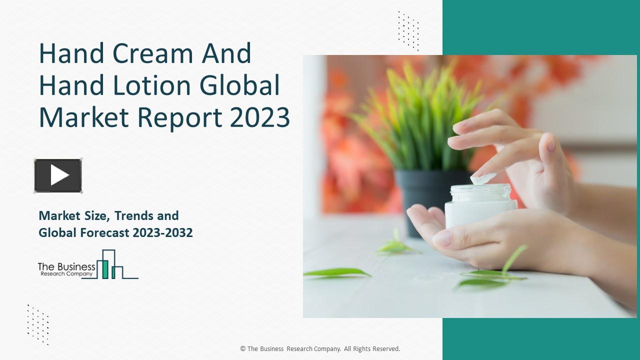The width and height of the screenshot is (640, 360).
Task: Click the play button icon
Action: (58, 175)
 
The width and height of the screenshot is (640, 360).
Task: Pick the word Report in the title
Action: (180, 117)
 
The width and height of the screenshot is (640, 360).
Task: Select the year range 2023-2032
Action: (163, 232)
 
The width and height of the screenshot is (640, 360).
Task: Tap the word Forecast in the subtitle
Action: (104, 232)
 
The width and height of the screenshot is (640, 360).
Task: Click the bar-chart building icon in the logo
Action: (111, 265)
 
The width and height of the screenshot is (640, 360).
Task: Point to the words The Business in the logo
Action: (66, 267)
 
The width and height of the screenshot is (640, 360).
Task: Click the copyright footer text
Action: (320, 349)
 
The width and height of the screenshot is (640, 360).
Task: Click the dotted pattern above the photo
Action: (408, 30)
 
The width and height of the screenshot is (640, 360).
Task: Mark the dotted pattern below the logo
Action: (38, 324)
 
